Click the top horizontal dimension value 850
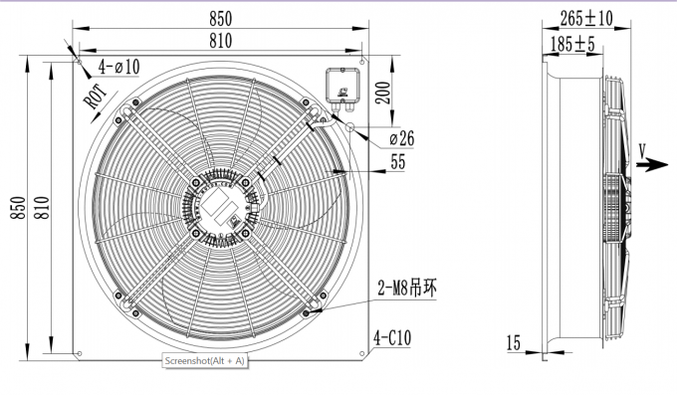[x=222, y=18]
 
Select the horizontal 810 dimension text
[x=222, y=39]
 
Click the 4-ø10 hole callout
[x=119, y=67]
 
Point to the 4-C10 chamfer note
[x=392, y=337]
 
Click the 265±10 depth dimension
[x=587, y=18]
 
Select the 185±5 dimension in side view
[x=572, y=44]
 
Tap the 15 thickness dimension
[x=514, y=343]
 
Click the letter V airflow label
[x=643, y=148]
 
